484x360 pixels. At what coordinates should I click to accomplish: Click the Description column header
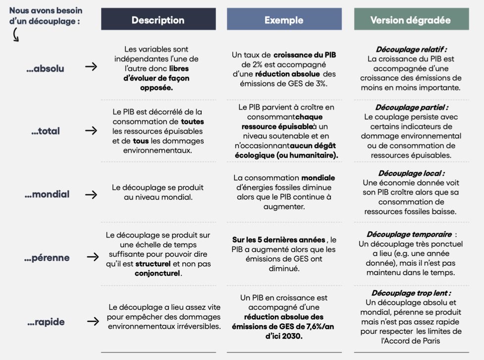[x=158, y=20]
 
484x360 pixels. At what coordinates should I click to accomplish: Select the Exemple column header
[x=284, y=20]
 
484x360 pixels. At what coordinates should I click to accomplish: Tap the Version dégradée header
[x=411, y=20]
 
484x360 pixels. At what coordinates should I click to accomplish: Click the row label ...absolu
[x=45, y=68]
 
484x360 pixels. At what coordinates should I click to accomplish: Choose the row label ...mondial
[x=47, y=194]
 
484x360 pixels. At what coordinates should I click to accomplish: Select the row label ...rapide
[x=46, y=322]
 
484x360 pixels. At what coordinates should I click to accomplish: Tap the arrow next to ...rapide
[x=91, y=321]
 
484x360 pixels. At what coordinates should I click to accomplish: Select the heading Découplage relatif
[x=411, y=49]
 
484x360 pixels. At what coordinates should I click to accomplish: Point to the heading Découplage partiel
[x=411, y=108]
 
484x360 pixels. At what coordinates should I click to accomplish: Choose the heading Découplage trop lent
[x=411, y=293]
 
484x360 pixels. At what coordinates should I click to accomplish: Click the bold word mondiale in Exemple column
[x=318, y=178]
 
